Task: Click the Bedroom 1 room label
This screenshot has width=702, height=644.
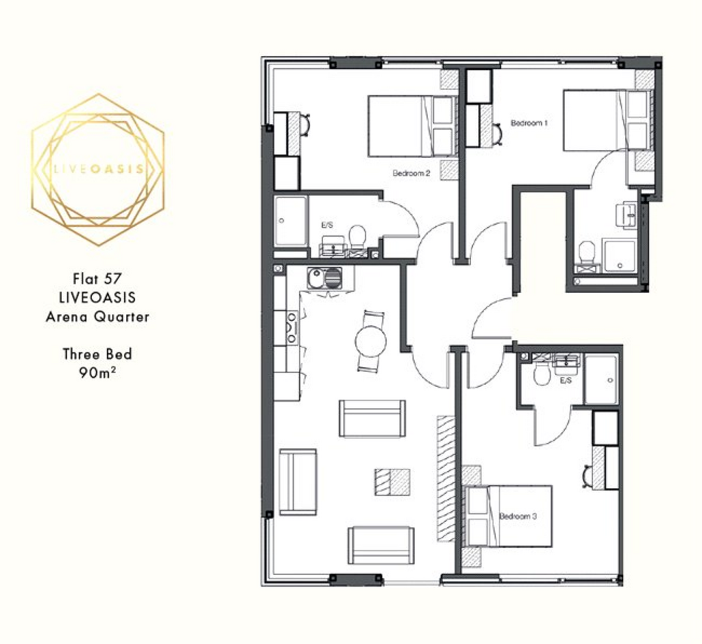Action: [x=529, y=123]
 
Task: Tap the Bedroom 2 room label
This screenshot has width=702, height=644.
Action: [x=411, y=173]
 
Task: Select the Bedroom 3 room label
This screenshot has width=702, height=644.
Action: [x=518, y=516]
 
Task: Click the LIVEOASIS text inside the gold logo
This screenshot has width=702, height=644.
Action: [x=99, y=169]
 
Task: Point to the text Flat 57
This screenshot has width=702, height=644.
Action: [x=97, y=278]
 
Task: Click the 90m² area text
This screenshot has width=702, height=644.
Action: [x=97, y=372]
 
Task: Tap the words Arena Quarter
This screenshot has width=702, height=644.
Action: [x=97, y=317]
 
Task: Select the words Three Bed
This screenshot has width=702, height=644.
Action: [x=97, y=354]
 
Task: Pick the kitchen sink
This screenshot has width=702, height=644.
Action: [x=324, y=278]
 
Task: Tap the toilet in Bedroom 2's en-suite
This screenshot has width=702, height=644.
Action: [x=356, y=235]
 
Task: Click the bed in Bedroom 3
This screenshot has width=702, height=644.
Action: [x=509, y=516]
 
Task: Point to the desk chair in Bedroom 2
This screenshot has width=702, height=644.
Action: [x=305, y=125]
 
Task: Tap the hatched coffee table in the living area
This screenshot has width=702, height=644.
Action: [x=393, y=482]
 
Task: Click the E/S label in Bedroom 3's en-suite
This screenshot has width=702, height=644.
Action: [x=566, y=380]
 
